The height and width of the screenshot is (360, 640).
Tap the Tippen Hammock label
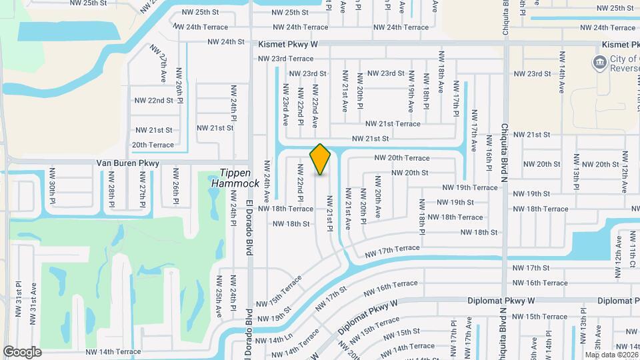pyautogui.click(x=235, y=177)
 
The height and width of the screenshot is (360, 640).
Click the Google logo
pyautogui.click(x=23, y=351)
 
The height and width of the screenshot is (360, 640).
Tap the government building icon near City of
pyautogui.click(x=599, y=63)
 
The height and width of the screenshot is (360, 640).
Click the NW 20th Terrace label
pyautogui.click(x=402, y=158)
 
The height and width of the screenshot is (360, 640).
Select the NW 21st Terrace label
pyautogui.click(x=393, y=123)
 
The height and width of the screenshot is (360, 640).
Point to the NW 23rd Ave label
pyautogui.click(x=285, y=104)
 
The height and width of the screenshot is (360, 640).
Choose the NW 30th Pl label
pyautogui.click(x=52, y=184)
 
